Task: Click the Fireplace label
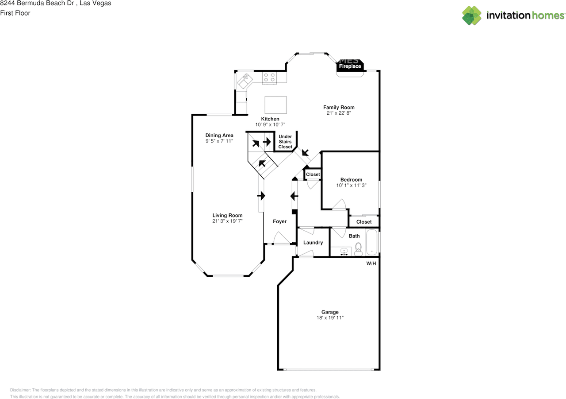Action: point(350,66)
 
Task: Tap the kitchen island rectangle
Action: point(275,105)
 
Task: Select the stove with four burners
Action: point(269,77)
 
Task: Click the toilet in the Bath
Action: point(358,249)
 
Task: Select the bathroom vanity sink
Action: point(344,252)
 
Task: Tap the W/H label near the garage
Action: point(371,264)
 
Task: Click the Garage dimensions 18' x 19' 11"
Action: point(330,318)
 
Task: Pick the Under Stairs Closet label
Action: point(285,142)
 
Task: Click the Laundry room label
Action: point(313,243)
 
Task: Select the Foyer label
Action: point(279,221)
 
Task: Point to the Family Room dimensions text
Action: point(338,113)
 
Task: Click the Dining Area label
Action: point(219,136)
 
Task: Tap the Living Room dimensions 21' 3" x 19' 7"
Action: point(227,221)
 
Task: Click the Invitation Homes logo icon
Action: point(472,15)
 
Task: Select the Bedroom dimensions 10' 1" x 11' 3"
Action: point(351,186)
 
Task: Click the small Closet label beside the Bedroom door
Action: point(313,174)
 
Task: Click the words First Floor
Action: point(15,13)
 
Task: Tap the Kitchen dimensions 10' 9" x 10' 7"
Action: point(270,124)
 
